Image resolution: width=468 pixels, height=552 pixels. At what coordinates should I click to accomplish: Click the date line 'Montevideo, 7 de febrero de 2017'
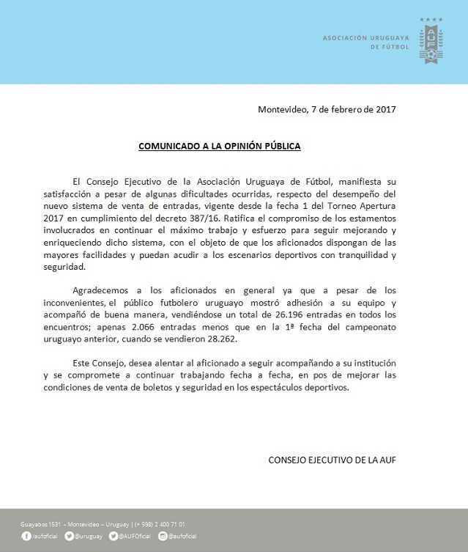327,109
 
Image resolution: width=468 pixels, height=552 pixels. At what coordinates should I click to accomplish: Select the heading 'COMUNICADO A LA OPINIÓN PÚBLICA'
220,146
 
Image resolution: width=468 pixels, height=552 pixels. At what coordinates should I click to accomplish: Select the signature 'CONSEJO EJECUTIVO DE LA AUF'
333,460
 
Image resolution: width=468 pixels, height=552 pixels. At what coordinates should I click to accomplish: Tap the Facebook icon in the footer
26,537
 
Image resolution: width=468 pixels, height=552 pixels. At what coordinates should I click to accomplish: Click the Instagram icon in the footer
162,537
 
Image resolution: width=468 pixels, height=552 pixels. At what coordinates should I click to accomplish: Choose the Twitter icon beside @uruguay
68,537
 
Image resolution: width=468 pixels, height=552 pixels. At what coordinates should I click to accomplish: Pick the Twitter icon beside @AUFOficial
114,537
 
